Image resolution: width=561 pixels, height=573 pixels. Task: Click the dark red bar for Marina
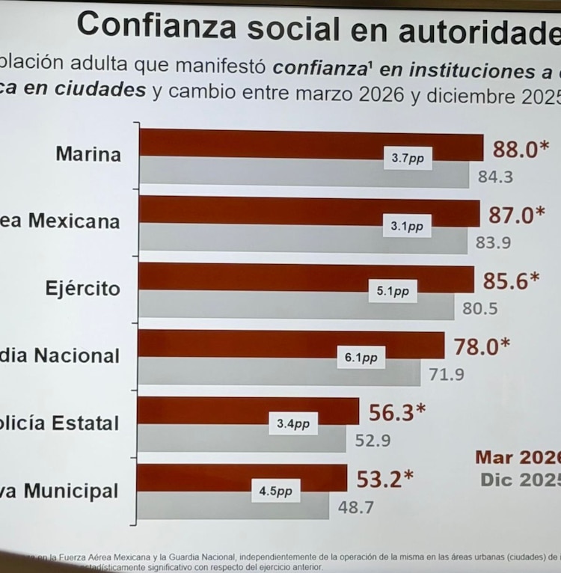pyautogui.click(x=262, y=144)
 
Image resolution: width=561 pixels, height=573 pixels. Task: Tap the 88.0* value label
pyautogui.click(x=515, y=150)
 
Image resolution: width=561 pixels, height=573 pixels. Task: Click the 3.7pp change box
pyautogui.click(x=408, y=159)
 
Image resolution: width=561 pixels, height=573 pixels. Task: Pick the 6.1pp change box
pyautogui.click(x=361, y=358)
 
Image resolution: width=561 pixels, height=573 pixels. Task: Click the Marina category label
pyautogui.click(x=88, y=155)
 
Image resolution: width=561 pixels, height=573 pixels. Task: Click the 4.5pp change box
pyautogui.click(x=275, y=491)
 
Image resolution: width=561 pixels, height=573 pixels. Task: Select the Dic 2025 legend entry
pyautogui.click(x=521, y=479)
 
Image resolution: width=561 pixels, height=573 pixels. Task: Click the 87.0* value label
pyautogui.click(x=512, y=215)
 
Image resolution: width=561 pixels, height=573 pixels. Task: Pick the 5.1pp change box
pyautogui.click(x=393, y=292)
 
